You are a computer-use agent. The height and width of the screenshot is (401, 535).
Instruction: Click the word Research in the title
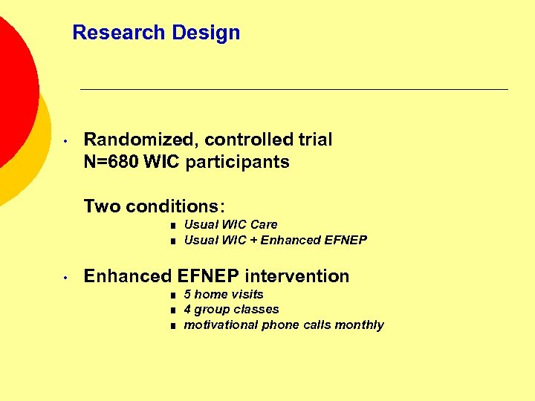[x=119, y=33]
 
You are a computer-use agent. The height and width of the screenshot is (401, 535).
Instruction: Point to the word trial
[x=316, y=140]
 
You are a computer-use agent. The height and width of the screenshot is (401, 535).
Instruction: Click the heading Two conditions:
[x=155, y=206]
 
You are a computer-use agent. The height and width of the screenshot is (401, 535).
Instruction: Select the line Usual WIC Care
[x=230, y=224]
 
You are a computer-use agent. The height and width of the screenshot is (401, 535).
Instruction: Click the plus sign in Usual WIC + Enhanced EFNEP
[x=253, y=240]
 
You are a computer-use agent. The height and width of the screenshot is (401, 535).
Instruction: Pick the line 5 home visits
[x=224, y=294]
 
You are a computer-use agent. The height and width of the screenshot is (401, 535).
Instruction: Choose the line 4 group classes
[x=231, y=310]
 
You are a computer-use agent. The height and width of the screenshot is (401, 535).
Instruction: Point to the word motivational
[x=221, y=325]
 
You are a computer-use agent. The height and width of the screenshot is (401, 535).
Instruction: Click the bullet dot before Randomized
[x=66, y=140]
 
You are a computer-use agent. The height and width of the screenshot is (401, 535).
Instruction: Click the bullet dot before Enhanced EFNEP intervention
[x=66, y=277]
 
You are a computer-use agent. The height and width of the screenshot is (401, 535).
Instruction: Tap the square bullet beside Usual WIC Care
[x=171, y=225]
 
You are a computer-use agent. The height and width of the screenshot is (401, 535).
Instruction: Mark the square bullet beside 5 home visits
[x=171, y=295]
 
